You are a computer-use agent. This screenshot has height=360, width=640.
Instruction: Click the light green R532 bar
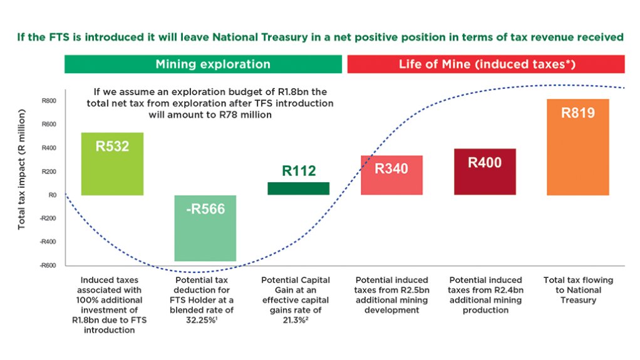112,163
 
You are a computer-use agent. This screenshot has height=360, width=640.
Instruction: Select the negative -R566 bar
205,228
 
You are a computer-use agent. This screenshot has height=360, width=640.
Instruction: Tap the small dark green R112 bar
298,188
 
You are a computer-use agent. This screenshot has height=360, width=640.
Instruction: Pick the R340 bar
391,175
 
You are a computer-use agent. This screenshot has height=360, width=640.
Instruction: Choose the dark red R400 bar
485,172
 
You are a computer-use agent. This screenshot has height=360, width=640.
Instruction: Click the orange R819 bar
577,147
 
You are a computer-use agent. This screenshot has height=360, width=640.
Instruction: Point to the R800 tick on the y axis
48,101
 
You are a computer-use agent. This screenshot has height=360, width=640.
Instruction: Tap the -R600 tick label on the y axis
48,265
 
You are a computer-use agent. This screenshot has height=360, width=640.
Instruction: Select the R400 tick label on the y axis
48,148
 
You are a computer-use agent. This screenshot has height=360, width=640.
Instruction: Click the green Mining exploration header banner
204,64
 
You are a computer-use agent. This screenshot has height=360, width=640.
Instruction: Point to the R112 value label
299,171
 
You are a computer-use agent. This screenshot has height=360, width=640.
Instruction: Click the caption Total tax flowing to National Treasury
577,290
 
